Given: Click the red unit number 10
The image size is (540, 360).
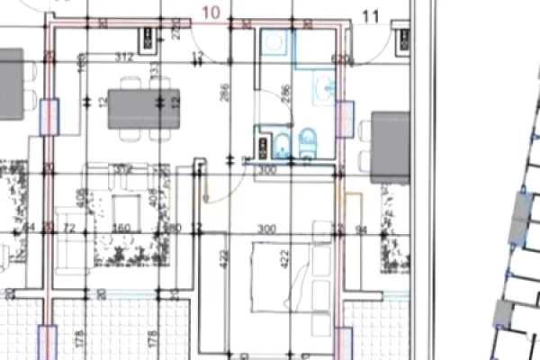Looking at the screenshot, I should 211,12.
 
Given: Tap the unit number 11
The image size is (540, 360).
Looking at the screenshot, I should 370,15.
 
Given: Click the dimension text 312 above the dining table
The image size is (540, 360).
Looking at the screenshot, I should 124,58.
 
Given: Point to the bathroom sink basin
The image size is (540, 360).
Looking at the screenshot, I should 325,86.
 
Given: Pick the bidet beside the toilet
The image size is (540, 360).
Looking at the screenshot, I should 281,142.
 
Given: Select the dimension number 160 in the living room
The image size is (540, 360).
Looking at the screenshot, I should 121,228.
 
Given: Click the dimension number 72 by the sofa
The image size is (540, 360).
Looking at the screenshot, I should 67,228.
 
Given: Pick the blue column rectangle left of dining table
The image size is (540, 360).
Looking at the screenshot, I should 50,115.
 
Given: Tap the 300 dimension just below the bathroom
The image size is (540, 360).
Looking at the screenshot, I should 266,169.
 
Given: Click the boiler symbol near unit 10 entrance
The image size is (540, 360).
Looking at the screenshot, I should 148,37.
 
